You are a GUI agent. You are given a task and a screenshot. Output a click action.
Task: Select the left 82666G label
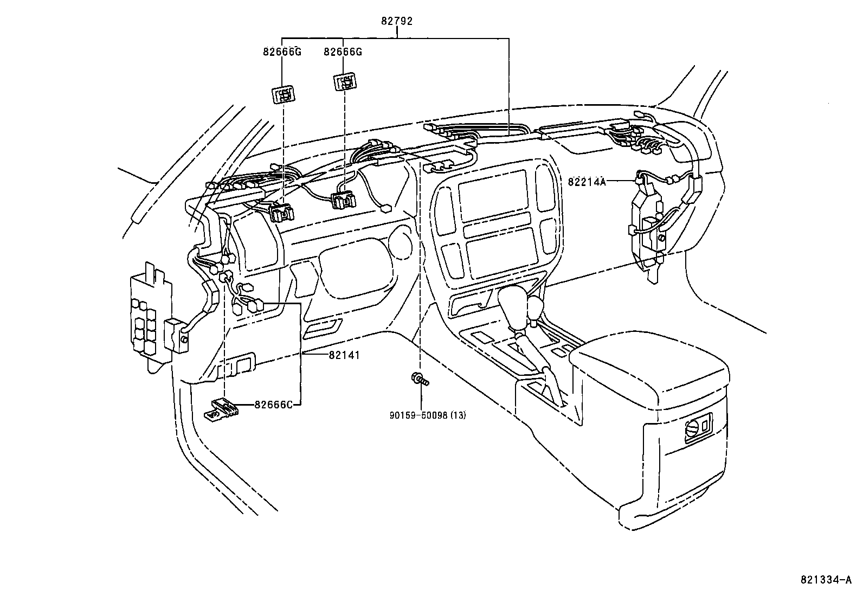282,52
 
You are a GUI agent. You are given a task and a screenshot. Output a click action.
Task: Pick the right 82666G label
343,52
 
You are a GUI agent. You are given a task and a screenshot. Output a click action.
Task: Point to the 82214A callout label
587,182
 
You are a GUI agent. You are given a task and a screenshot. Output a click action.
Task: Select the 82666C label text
274,405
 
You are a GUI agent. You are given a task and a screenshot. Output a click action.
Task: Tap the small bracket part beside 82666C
220,408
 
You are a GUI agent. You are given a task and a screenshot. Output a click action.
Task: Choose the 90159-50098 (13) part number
428,415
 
